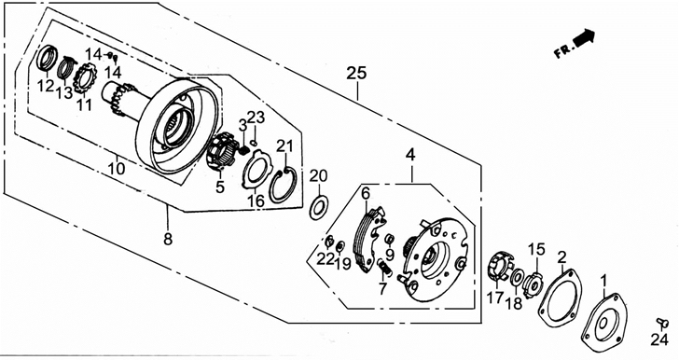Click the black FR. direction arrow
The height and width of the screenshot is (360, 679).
coord(584,37)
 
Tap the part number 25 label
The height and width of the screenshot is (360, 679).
coord(356,73)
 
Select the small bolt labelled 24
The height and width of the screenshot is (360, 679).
coord(662,322)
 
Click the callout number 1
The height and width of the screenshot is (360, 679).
coord(604,283)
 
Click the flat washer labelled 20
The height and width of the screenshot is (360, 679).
coord(319,207)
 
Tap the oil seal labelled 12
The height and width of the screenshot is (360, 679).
coord(47,58)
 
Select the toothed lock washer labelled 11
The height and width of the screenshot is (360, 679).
coord(84,78)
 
